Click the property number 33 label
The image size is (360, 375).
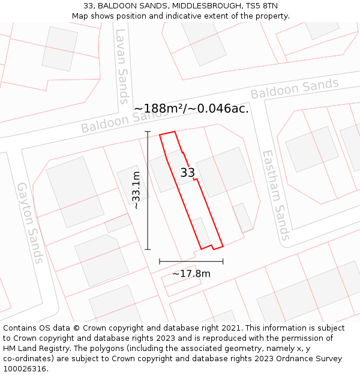(x=188, y=173)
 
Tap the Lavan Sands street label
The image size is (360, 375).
(x=122, y=66)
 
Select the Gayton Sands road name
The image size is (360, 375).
(x=31, y=223)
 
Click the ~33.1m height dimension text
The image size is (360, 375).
(x=137, y=190)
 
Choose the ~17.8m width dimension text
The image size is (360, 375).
(x=191, y=274)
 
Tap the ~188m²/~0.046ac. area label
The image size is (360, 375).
(x=191, y=109)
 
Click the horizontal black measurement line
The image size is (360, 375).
(x=191, y=261)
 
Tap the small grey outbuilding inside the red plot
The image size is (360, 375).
(x=200, y=231)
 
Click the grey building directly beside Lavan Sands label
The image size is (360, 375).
(x=60, y=47)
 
